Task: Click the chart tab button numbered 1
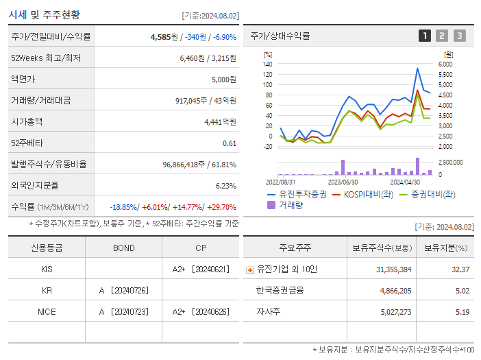click(425, 36)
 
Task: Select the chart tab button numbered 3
click(459, 36)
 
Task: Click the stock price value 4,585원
click(164, 36)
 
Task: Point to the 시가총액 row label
click(27, 121)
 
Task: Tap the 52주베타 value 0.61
click(229, 143)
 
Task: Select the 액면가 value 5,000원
click(223, 79)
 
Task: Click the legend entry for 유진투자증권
click(297, 194)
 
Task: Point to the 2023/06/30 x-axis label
click(343, 182)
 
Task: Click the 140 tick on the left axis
click(267, 64)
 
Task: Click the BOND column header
click(123, 248)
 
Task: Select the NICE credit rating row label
click(47, 311)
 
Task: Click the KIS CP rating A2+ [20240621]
click(200, 269)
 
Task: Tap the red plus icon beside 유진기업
click(250, 269)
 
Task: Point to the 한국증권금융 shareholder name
click(280, 290)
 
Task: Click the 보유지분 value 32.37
click(460, 269)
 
